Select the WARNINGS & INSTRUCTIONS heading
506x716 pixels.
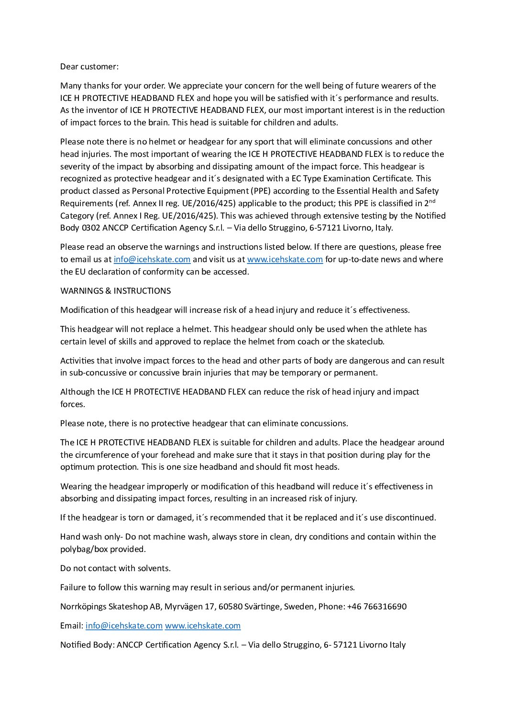click(115, 291)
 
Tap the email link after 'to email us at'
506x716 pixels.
click(152, 259)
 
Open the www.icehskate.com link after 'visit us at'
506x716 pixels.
click(285, 259)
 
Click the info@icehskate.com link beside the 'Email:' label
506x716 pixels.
click(124, 626)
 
